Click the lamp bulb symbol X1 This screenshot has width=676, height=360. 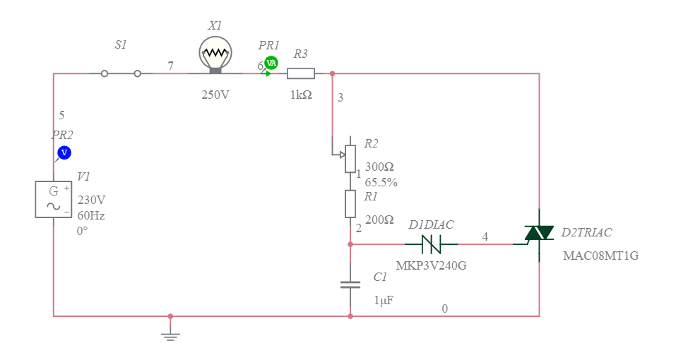(x=215, y=53)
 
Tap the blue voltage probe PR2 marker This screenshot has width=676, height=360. (x=64, y=152)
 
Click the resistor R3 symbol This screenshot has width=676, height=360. (x=301, y=73)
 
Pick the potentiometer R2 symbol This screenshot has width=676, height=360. (x=350, y=159)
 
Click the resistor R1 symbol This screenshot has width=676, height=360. (x=350, y=203)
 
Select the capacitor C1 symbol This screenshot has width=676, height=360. (x=350, y=284)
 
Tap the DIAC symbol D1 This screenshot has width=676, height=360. (x=431, y=244)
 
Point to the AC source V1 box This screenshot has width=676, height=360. (x=54, y=199)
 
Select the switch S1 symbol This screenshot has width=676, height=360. (x=121, y=73)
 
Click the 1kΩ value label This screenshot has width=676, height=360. (x=301, y=95)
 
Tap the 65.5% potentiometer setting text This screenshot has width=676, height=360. (x=381, y=182)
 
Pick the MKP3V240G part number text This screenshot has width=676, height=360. (x=431, y=266)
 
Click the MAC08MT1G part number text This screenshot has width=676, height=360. (x=600, y=256)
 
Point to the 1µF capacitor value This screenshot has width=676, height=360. (x=383, y=300)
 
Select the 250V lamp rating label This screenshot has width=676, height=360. (x=215, y=95)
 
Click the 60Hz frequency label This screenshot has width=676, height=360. (x=91, y=215)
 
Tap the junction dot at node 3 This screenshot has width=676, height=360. (x=332, y=73)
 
